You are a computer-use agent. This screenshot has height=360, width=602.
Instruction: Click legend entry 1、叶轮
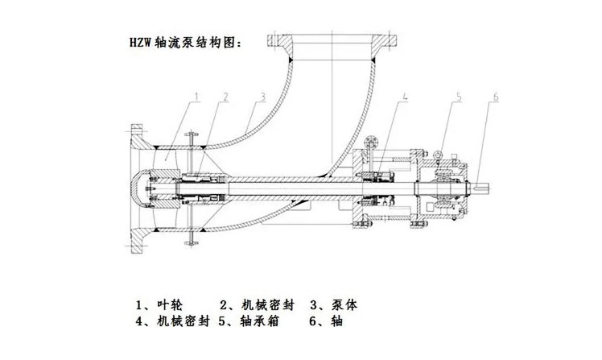[x=160, y=305]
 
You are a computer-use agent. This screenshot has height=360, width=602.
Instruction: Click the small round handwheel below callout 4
[x=369, y=144]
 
